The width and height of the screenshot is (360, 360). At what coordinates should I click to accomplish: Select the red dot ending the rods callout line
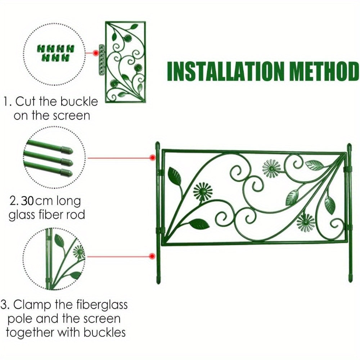[x=153, y=158]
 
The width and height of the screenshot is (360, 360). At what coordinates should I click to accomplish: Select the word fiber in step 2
[x=49, y=215]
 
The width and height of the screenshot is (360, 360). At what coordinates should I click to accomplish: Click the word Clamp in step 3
[x=30, y=305]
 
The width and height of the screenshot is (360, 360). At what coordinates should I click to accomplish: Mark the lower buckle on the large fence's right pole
[x=347, y=227]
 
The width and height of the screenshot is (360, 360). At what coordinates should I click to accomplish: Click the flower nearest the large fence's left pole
[x=203, y=191]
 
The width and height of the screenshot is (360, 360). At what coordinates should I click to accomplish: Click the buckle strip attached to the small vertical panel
[x=102, y=59]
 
